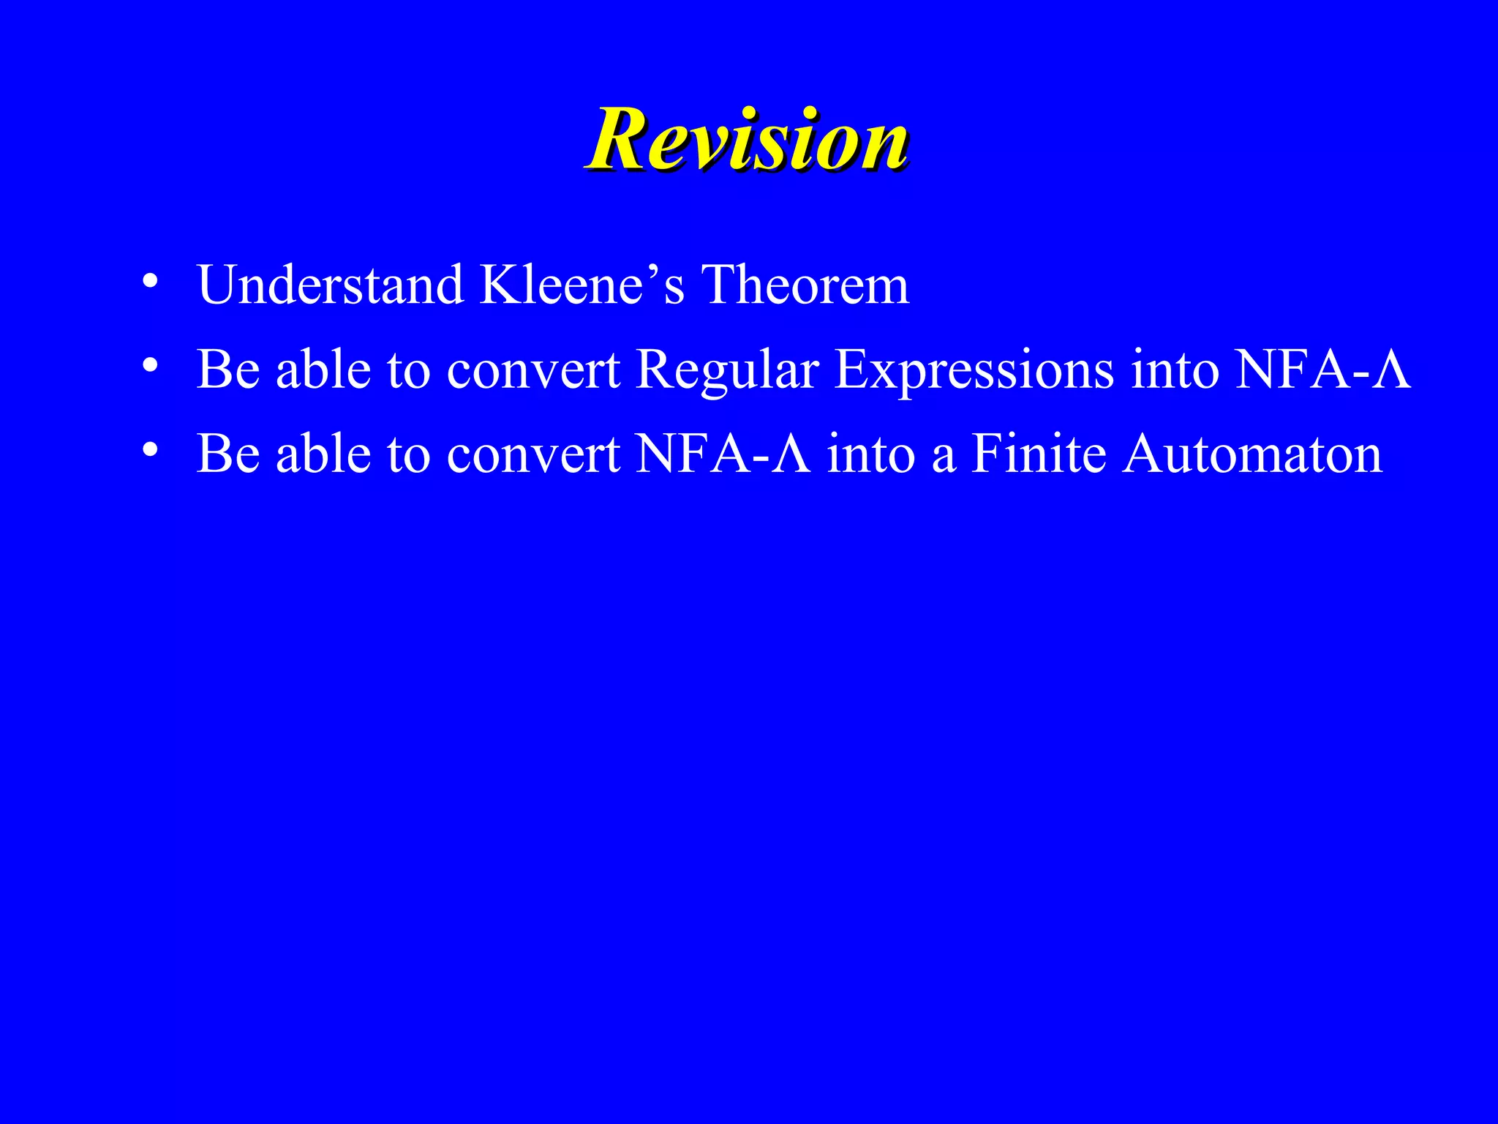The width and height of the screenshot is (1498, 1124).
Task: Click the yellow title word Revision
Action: pos(747,139)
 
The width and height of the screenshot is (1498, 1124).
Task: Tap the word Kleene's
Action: pos(581,285)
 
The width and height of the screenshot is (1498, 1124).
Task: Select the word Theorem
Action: pos(805,285)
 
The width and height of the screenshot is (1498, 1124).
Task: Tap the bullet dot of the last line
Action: pos(150,449)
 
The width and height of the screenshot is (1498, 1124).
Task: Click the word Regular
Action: pos(727,370)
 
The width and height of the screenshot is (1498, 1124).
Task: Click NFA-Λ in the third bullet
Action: pos(723,454)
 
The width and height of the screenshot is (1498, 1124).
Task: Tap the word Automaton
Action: pos(1253,454)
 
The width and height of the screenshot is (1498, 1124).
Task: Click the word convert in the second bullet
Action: pos(533,370)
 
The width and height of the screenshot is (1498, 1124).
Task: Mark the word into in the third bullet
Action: pos(871,454)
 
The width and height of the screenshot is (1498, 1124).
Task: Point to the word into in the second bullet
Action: pos(1175,369)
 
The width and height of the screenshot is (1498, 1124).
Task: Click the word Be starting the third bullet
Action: pos(228,454)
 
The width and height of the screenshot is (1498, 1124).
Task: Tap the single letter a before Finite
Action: pos(944,458)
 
